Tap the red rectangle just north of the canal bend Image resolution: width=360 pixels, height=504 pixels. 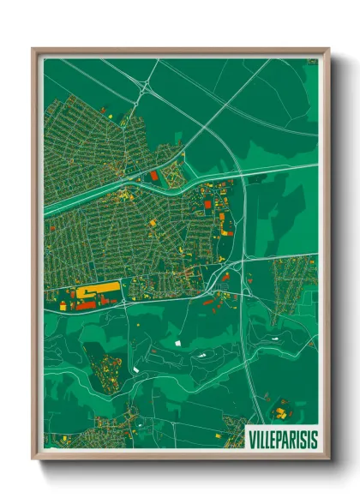point(154,176)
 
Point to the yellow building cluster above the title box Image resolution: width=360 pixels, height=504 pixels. point(279,412)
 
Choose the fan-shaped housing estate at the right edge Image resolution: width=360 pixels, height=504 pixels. point(291,283)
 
